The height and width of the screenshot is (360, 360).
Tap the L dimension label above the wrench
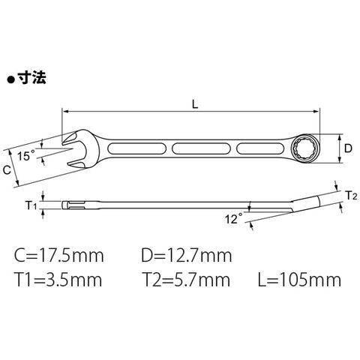click(x=195, y=105)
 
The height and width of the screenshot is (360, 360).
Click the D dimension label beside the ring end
click(x=347, y=148)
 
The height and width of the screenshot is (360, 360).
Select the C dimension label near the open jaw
click(x=7, y=170)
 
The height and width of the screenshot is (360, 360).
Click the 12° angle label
click(x=234, y=219)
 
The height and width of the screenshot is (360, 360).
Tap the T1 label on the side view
click(x=31, y=205)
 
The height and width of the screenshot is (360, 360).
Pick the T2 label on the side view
click(x=351, y=196)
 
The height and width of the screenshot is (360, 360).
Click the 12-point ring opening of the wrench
click(x=304, y=148)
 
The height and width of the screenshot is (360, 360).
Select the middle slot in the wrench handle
click(x=201, y=149)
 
